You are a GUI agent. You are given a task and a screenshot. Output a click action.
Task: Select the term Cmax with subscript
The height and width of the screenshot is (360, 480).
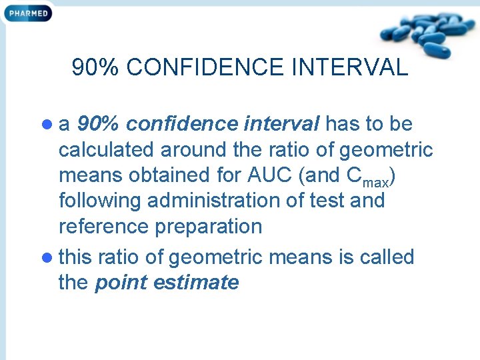click(x=371, y=177)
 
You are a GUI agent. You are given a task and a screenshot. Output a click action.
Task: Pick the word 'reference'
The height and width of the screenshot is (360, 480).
click(x=104, y=227)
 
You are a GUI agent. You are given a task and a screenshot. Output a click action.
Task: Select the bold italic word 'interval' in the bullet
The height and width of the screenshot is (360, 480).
click(x=283, y=124)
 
